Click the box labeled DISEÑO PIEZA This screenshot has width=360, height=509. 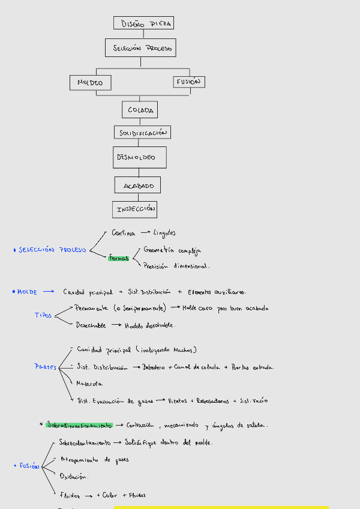click(143, 23)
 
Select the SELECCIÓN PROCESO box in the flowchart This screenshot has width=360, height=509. click(140, 48)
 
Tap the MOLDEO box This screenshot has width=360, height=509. click(90, 83)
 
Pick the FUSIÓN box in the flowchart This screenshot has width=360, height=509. click(188, 82)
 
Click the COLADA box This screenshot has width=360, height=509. click(140, 110)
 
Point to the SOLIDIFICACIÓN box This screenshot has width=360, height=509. click(142, 132)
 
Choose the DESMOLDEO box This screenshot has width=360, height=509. click(139, 157)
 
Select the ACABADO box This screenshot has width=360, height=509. click(139, 185)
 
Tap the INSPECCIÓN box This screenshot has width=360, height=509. click(134, 209)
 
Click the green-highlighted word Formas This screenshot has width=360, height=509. click(119, 258)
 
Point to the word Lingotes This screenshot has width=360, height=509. click(164, 233)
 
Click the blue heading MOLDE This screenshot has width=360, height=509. click(27, 292)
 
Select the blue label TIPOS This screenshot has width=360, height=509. click(43, 316)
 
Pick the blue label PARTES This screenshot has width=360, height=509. click(46, 366)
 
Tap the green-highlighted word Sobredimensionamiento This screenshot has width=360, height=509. click(79, 425)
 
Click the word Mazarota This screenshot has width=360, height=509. click(89, 383)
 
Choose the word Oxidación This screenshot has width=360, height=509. click(74, 476)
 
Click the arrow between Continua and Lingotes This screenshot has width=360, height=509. click(145, 232)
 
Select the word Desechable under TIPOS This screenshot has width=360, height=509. click(91, 325)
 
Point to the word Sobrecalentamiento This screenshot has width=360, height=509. click(85, 443)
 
